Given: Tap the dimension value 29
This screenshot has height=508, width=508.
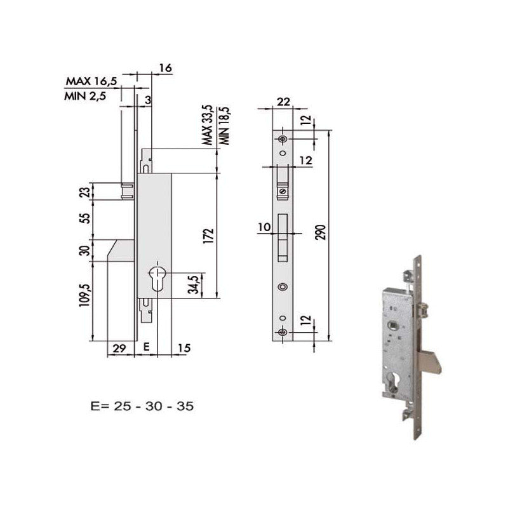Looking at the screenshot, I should tap(118, 347).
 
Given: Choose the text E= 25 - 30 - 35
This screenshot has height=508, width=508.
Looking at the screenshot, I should tap(142, 404).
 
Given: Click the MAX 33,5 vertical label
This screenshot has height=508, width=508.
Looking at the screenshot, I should tap(207, 125).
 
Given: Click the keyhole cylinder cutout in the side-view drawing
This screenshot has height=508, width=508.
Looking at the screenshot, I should tap(156, 279).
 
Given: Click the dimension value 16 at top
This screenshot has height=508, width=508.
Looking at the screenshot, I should tap(166, 68).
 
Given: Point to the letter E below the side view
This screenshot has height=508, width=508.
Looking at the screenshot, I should tap(145, 347).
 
